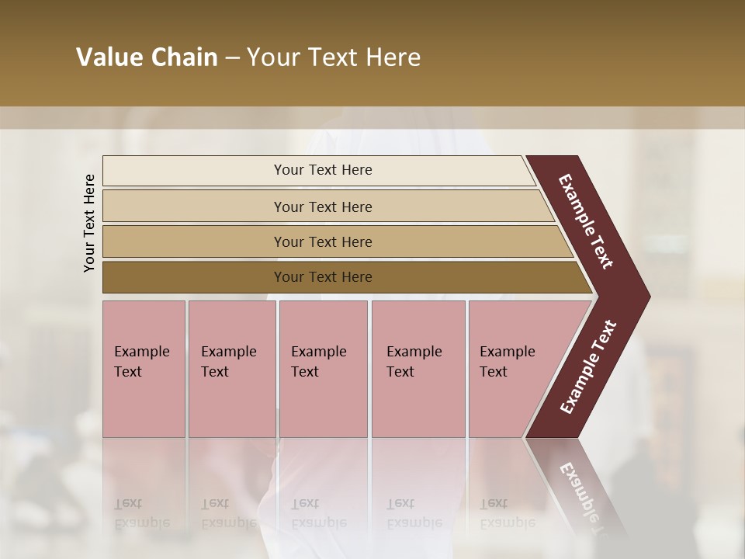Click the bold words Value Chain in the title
pyautogui.click(x=147, y=57)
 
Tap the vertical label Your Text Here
pyautogui.click(x=90, y=223)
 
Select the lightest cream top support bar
pyautogui.click(x=318, y=170)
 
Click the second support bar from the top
pyautogui.click(x=326, y=207)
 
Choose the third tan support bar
pyautogui.click(x=334, y=241)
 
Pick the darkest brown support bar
pyautogui.click(x=341, y=277)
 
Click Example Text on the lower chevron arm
pyautogui.click(x=588, y=367)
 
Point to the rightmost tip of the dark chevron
pyautogui.click(x=648, y=297)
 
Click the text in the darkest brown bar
pyautogui.click(x=323, y=277)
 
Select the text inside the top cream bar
pyautogui.click(x=323, y=170)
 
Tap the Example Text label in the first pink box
pyautogui.click(x=141, y=362)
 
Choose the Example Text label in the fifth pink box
pyautogui.click(x=507, y=362)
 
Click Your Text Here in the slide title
pyautogui.click(x=334, y=57)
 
